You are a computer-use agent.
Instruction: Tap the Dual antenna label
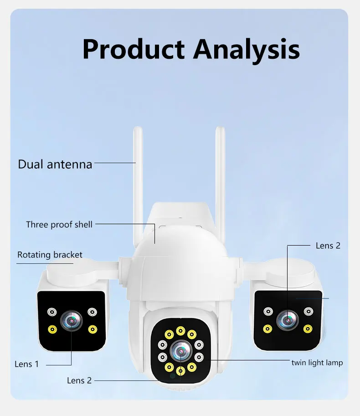tap(55, 164)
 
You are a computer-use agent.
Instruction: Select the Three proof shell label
tap(59, 224)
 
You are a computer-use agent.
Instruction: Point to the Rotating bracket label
tap(50, 255)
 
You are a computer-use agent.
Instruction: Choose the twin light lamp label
tap(317, 363)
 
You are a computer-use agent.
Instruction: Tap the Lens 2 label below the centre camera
tap(79, 380)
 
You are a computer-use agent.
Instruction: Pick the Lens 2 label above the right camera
tap(328, 246)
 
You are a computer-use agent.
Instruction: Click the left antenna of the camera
tap(138, 182)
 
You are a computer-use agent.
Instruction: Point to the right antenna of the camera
tap(220, 182)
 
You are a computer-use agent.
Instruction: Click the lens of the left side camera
tap(72, 321)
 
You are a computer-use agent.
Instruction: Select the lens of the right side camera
tap(288, 319)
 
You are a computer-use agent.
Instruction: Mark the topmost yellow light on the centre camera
tap(181, 331)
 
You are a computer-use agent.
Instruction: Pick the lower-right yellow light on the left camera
tap(93, 329)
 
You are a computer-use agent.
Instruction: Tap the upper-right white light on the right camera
tap(309, 312)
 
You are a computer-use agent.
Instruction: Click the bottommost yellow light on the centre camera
tap(180, 370)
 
